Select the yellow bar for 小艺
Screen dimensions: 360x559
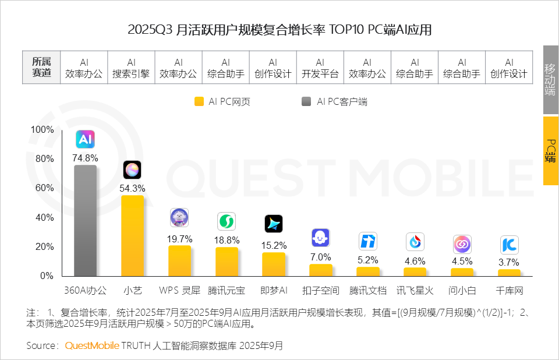click(x=132, y=235)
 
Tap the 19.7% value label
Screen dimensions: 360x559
click(x=179, y=239)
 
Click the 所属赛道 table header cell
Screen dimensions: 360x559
click(x=41, y=68)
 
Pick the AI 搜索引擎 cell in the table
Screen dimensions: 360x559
click(x=131, y=68)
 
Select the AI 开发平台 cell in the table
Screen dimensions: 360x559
click(x=320, y=68)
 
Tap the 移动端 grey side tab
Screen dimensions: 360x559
click(x=550, y=79)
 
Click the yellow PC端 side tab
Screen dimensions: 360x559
click(x=550, y=151)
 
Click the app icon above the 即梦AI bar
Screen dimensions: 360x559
click(x=274, y=224)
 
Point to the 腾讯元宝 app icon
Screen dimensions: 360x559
click(x=227, y=221)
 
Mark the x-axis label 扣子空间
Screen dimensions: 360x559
click(x=321, y=290)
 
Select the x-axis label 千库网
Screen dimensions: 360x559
click(x=510, y=290)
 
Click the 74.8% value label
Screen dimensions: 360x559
click(x=85, y=157)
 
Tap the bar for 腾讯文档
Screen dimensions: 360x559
click(x=368, y=271)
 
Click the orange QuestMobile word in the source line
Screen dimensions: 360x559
click(x=92, y=345)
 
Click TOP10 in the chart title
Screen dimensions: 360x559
click(x=348, y=30)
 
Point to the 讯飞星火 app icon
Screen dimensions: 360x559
click(x=415, y=241)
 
